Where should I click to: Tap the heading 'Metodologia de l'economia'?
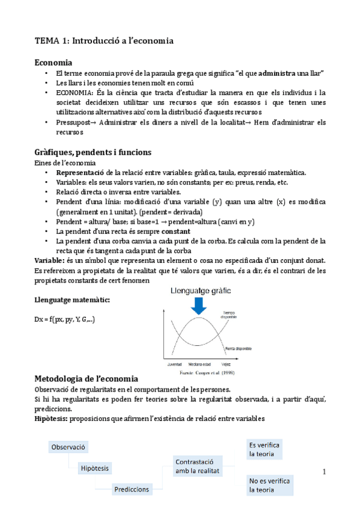click(88, 379)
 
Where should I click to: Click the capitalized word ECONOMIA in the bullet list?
click(73, 93)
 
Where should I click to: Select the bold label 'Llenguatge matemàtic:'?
click(69, 300)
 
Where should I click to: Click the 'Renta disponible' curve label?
click(239, 349)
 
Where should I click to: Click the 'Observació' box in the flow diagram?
click(69, 447)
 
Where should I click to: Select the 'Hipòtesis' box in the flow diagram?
click(98, 468)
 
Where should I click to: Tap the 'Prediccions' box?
click(132, 489)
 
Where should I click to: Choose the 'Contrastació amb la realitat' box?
click(197, 466)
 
